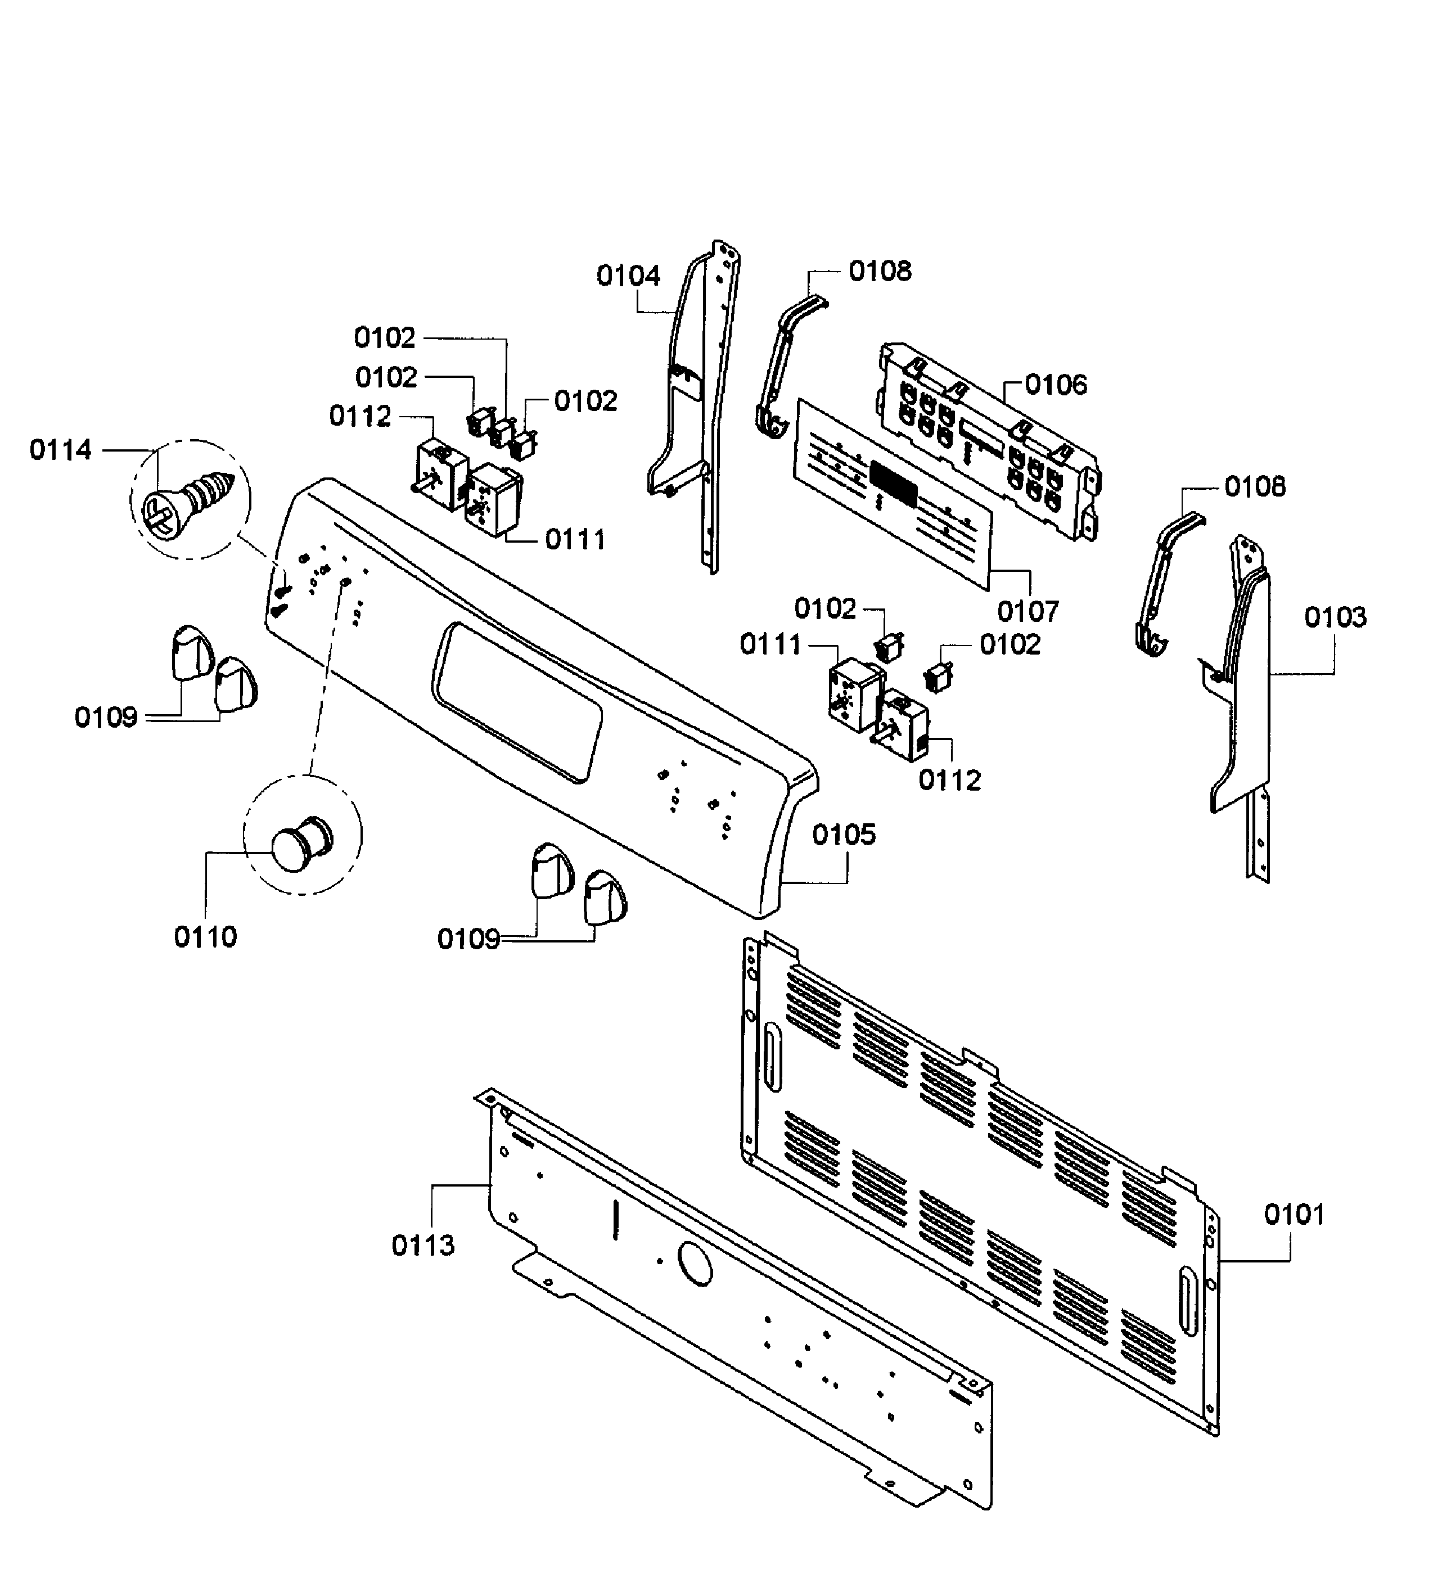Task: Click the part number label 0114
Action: coord(61,450)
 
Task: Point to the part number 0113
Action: coord(423,1246)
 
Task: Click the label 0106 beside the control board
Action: coord(1055,385)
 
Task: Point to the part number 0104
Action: coord(628,276)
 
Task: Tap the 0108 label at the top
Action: coord(880,271)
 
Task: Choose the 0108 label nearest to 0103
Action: coord(1254,486)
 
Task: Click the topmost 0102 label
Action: coord(384,338)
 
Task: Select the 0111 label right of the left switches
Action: coord(575,540)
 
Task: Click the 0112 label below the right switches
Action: coord(949,780)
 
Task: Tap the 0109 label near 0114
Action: coord(106,717)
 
